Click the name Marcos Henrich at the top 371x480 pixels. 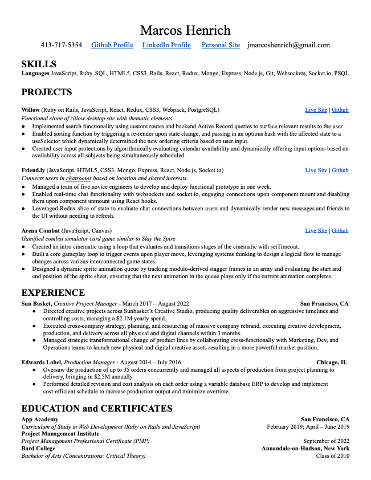coord(185,30)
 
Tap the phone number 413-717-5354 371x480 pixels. coord(61,45)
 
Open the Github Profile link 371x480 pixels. coord(112,45)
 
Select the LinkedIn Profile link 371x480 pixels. coord(166,45)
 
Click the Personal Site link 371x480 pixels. coord(221,45)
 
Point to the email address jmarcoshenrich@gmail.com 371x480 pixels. coord(288,45)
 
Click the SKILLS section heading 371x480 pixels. coord(39,64)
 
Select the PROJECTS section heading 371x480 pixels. coord(47,92)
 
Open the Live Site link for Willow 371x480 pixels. coord(316,110)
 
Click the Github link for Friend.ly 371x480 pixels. coord(340,170)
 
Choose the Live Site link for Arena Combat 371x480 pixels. coord(316,230)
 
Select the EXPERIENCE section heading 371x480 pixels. coord(53,293)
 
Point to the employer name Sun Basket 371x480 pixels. coord(36,304)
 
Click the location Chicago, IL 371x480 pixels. coord(332,362)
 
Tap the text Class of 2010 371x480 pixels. coord(333,455)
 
